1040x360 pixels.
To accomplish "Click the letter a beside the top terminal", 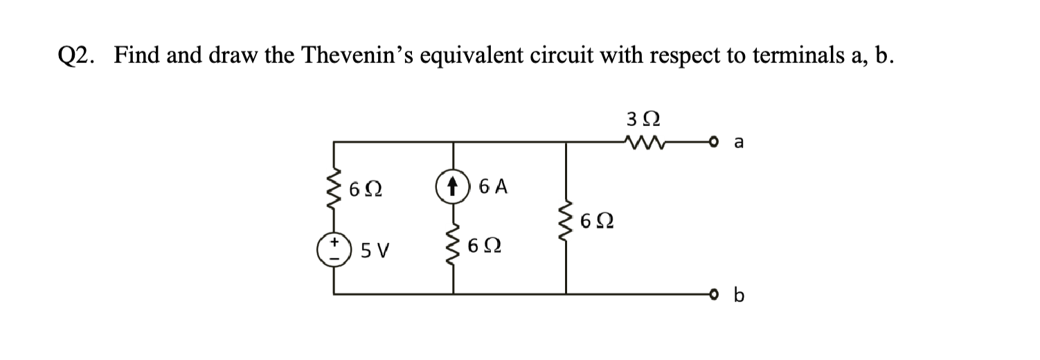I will (x=738, y=143).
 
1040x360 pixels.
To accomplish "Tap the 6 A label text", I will (x=492, y=186).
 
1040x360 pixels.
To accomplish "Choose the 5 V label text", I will (x=376, y=248).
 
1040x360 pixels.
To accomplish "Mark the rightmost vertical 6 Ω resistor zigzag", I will (x=568, y=219).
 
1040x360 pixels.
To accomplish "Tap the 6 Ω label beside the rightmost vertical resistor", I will (x=597, y=222).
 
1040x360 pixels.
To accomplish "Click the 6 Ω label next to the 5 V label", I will (x=484, y=246).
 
